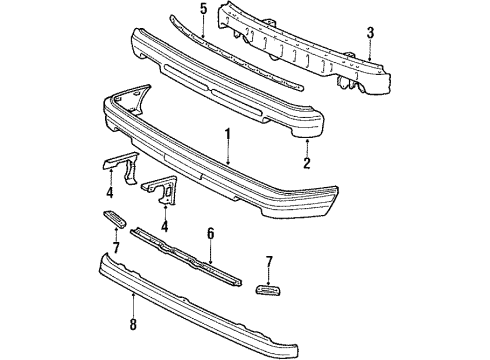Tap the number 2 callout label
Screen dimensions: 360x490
306,161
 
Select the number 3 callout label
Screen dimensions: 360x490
371,33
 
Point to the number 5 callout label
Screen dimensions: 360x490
203,13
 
